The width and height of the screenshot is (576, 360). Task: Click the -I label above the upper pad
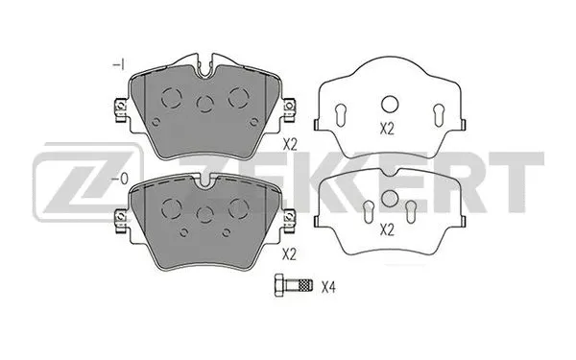pyautogui.click(x=119, y=63)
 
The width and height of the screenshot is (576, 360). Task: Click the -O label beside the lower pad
pyautogui.click(x=119, y=178)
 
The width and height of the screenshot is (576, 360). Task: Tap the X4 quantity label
pyautogui.click(x=329, y=285)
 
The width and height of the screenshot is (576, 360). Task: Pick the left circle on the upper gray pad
pyautogui.click(x=171, y=96)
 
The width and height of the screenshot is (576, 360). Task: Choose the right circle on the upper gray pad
pyautogui.click(x=237, y=96)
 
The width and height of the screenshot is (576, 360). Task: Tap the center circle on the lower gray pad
pyautogui.click(x=204, y=214)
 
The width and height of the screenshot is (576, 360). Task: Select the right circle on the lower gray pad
pyautogui.click(x=235, y=206)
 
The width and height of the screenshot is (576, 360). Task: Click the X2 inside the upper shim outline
pyautogui.click(x=388, y=128)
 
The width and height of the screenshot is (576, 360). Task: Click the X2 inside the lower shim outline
pyautogui.click(x=388, y=229)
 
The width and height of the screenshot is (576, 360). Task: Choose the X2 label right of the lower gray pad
pyautogui.click(x=291, y=255)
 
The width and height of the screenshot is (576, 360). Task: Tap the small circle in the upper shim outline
pyautogui.click(x=389, y=105)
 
